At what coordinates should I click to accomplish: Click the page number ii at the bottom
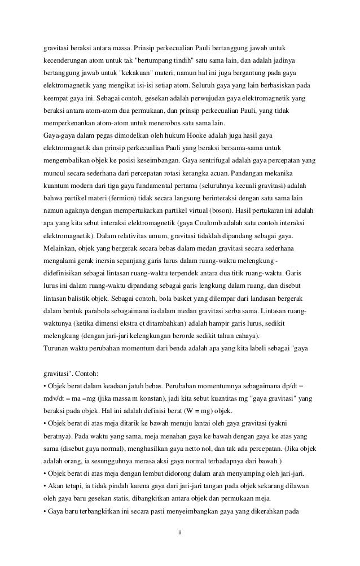pyautogui.click(x=180, y=533)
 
